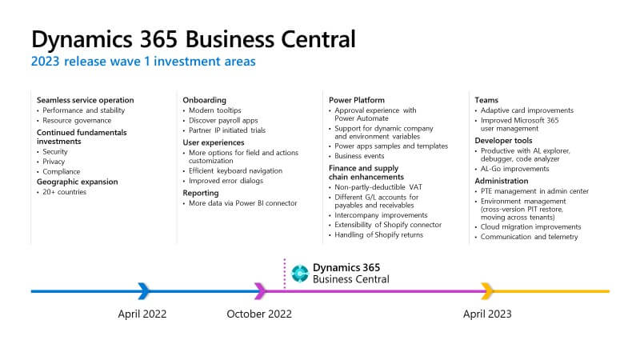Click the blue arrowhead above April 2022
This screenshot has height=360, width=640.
pyautogui.click(x=144, y=291)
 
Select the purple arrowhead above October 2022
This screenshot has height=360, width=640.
pyautogui.click(x=261, y=291)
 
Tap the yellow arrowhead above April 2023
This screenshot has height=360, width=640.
pyautogui.click(x=487, y=291)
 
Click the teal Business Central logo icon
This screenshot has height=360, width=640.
pyautogui.click(x=300, y=273)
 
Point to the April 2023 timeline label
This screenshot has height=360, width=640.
pyautogui.click(x=487, y=314)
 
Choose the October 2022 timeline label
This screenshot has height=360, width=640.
pyautogui.click(x=259, y=314)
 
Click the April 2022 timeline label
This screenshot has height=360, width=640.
pyautogui.click(x=142, y=314)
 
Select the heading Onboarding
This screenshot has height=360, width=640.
pyautogui.click(x=204, y=100)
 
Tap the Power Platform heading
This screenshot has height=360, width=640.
pyautogui.click(x=357, y=100)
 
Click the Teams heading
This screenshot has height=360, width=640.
pyautogui.click(x=486, y=100)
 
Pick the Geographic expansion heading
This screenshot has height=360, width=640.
pyautogui.click(x=77, y=182)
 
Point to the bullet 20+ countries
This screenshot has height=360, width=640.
pyautogui.click(x=65, y=192)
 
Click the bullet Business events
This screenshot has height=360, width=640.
pyautogui.click(x=359, y=156)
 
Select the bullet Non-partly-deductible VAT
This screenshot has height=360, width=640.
pyautogui.click(x=378, y=187)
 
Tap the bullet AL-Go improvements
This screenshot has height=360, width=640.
pyautogui.click(x=514, y=169)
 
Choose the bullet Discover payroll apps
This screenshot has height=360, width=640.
pyautogui.click(x=223, y=121)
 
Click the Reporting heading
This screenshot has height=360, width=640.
pyautogui.click(x=201, y=193)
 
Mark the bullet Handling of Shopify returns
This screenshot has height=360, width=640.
pyautogui.click(x=378, y=234)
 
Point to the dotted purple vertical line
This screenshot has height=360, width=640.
pyautogui.click(x=285, y=273)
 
